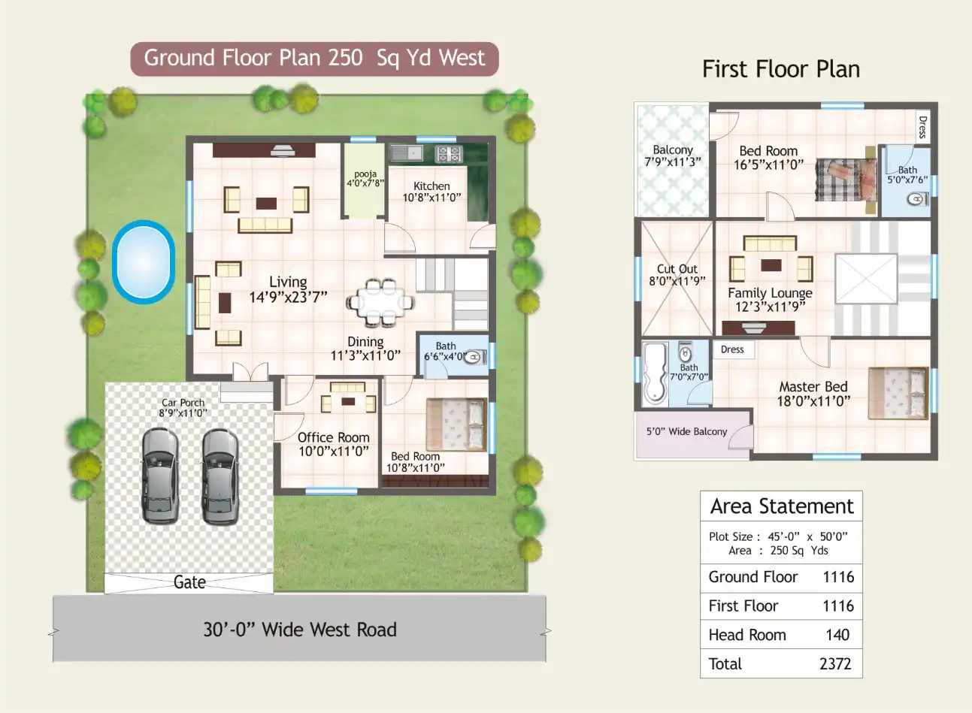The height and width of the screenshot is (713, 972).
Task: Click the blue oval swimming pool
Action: coord(144,261)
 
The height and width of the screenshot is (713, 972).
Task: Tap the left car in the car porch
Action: coord(160,476)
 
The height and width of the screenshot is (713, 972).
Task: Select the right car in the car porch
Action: coord(220,476)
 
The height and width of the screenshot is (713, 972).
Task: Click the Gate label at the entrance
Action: coord(189,582)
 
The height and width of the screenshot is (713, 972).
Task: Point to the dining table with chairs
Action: coord(380,303)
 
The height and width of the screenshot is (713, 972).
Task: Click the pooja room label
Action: coord(365,178)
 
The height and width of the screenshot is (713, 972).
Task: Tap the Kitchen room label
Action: coord(431,186)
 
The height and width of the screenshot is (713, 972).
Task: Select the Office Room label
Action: coord(333,437)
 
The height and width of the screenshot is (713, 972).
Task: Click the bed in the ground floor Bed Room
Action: coord(456,424)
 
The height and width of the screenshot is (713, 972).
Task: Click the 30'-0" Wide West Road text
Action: coord(299,630)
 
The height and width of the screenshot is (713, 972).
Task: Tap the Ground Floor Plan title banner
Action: coord(314,59)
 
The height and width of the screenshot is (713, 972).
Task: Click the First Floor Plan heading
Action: coord(780,69)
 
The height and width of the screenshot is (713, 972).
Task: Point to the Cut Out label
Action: coord(677,269)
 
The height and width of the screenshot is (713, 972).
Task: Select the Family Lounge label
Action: coord(770,293)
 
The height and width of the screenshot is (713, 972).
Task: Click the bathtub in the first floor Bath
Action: coord(654,373)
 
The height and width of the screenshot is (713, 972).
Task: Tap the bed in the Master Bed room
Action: coord(898,392)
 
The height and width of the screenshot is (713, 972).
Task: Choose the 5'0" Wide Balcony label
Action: coord(686,432)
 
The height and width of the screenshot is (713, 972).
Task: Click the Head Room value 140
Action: coord(837,635)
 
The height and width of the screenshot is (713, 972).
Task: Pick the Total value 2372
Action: coord(834,664)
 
